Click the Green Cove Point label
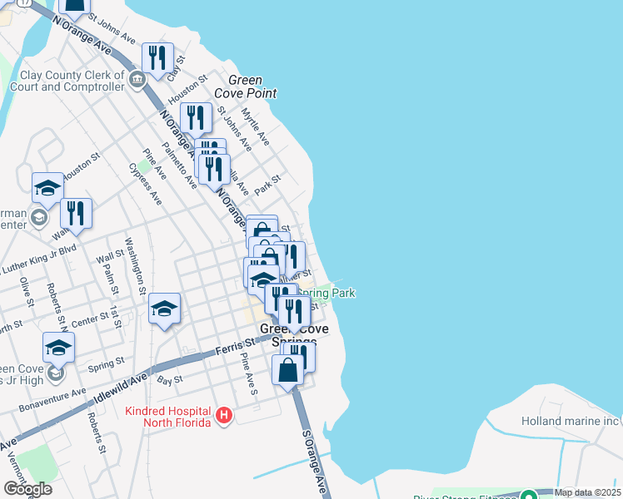point(246,86)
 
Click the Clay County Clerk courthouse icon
point(137,79)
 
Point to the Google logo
point(27,488)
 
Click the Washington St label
point(135,264)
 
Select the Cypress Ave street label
point(146,184)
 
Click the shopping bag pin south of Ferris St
point(288,370)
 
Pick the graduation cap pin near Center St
point(165,309)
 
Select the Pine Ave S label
point(248,373)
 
